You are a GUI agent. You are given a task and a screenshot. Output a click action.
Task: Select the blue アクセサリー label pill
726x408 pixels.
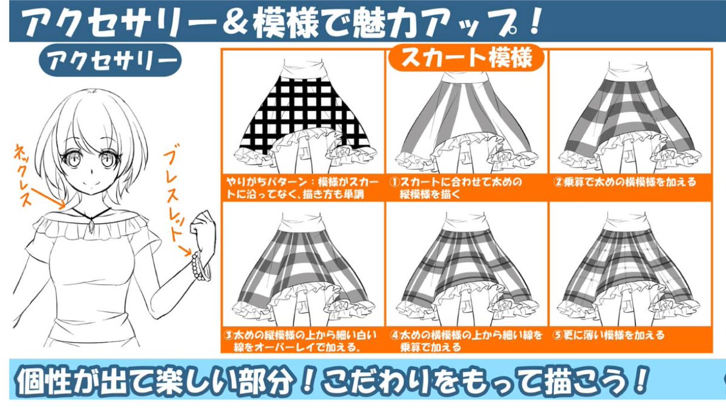[110, 60]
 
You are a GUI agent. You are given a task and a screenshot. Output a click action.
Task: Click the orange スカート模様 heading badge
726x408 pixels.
[466, 57]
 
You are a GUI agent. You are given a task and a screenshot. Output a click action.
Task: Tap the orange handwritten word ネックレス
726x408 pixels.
[24, 175]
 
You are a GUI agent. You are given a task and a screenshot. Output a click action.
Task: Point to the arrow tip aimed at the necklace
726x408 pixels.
[64, 207]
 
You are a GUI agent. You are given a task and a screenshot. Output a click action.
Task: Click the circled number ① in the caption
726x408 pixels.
[394, 183]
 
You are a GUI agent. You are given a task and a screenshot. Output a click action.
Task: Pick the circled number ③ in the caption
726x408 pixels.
[229, 335]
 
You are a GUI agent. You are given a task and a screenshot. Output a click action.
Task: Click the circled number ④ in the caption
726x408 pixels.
[394, 335]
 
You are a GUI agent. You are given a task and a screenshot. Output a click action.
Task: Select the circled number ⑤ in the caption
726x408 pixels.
[558, 335]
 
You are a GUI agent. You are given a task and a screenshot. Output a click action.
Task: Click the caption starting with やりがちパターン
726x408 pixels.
[302, 188]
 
